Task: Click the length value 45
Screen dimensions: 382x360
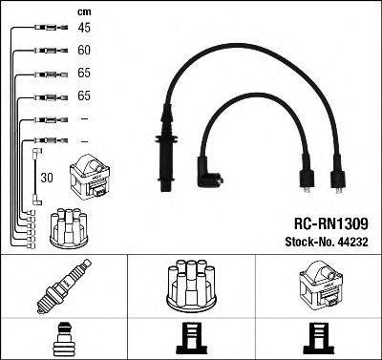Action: pyautogui.click(x=84, y=28)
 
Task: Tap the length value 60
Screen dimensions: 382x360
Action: pyautogui.click(x=84, y=50)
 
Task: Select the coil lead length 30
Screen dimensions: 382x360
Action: pyautogui.click(x=47, y=178)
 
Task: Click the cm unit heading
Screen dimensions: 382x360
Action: pyautogui.click(x=84, y=12)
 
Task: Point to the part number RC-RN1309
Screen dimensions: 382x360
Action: pyautogui.click(x=331, y=223)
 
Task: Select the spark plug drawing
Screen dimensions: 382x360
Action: pyautogui.click(x=64, y=286)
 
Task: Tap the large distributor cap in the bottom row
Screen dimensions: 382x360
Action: pyautogui.click(x=191, y=286)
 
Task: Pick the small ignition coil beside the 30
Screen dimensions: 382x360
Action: pyautogui.click(x=90, y=177)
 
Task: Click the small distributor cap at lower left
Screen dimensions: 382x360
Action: pyautogui.click(x=69, y=228)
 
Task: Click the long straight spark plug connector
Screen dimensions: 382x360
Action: pyautogui.click(x=166, y=148)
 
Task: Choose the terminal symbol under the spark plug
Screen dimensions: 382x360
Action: pyautogui.click(x=64, y=339)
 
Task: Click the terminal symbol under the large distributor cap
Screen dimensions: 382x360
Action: pyautogui.click(x=192, y=339)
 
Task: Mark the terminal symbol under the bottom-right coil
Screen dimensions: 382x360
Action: pyautogui.click(x=319, y=339)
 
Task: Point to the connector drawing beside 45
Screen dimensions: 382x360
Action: pyautogui.click(x=51, y=28)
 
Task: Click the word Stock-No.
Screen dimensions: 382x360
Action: pyautogui.click(x=308, y=242)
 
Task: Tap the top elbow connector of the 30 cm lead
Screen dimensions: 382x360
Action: pyautogui.click(x=37, y=152)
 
